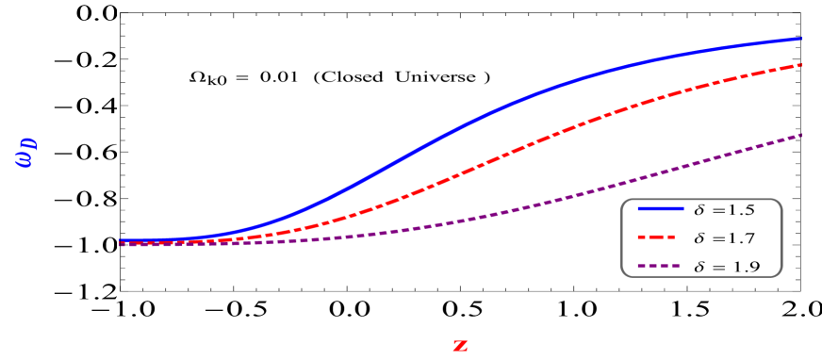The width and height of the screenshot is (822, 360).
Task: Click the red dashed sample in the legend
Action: [x=660, y=237]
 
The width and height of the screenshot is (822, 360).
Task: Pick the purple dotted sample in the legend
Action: [x=660, y=267]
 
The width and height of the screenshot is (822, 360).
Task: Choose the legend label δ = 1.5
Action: [x=724, y=208]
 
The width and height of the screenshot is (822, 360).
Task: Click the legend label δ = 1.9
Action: [x=724, y=267]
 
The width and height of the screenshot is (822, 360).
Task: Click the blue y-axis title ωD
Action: [x=26, y=154]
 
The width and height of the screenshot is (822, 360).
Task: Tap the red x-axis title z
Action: [x=460, y=345]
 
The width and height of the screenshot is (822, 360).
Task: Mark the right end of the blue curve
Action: [x=801, y=39]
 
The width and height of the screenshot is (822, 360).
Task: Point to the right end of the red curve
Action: [x=801, y=65]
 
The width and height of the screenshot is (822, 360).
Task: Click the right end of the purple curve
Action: [x=801, y=135]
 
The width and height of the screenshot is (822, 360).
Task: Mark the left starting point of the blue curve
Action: [x=121, y=240]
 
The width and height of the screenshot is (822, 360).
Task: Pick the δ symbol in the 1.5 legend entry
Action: [x=699, y=208]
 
